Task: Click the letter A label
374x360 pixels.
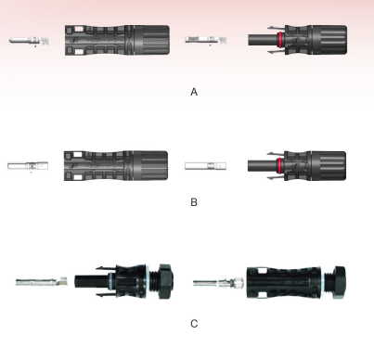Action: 194,92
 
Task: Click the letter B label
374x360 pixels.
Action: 194,202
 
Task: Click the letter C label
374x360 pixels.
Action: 194,324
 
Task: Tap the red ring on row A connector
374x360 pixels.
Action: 280,40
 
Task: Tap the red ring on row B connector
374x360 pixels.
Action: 280,166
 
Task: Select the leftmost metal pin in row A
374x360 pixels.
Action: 29,41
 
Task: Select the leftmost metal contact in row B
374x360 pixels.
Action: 28,166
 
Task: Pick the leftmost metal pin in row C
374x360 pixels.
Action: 42,282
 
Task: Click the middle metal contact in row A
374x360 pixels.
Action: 206,40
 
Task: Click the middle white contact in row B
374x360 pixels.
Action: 205,166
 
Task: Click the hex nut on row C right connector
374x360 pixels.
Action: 338,282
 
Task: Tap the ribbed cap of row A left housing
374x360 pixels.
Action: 151,40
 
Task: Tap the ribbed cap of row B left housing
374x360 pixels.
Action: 150,166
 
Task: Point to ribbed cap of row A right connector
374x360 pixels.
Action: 329,40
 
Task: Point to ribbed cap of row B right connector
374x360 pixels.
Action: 329,166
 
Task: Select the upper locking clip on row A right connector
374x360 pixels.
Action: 277,28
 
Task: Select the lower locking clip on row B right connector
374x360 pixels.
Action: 276,178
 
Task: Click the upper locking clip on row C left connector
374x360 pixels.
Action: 106,268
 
